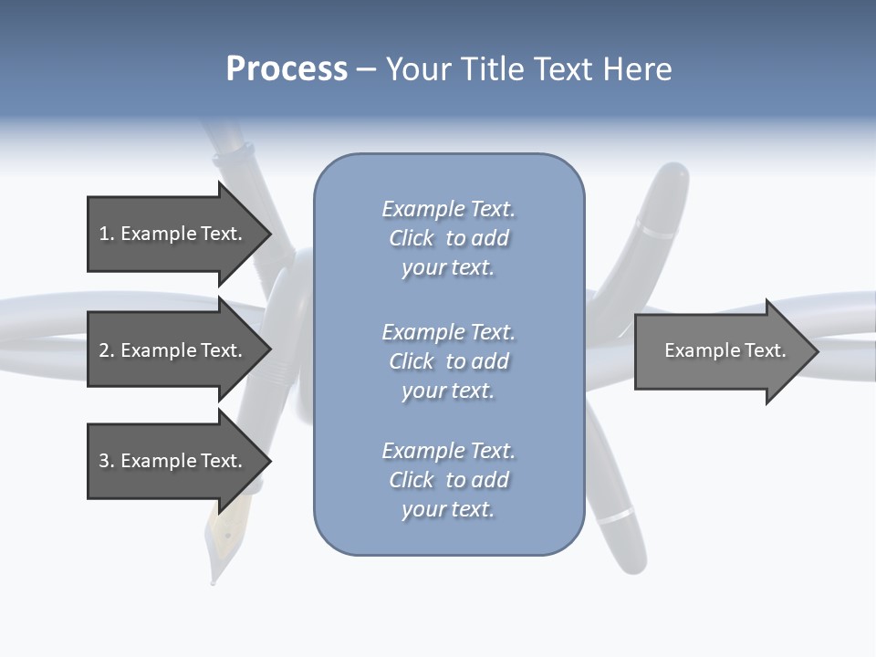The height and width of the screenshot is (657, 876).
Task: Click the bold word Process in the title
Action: pos(287,69)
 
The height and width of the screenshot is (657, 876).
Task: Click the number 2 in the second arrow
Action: pos(104,350)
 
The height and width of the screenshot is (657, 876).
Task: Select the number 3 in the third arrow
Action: pos(104,461)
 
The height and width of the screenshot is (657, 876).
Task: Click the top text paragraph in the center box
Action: pos(448,238)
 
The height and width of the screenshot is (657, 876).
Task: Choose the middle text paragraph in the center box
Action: pos(448,361)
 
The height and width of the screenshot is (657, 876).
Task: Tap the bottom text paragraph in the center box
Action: pos(448,480)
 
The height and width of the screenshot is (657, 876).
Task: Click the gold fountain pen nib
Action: pos(218,538)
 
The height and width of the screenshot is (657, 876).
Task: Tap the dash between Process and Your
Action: pos(366,69)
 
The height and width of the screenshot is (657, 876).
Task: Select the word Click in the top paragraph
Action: pos(412,238)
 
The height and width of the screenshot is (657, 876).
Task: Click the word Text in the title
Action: pos(562,69)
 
